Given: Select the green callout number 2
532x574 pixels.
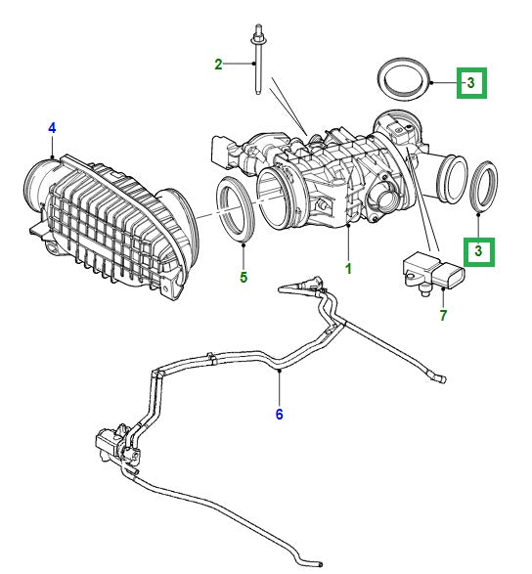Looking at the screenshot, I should (x=220, y=65).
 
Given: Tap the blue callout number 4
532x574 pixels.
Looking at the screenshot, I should (x=52, y=127).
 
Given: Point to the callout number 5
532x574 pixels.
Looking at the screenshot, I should (x=244, y=278).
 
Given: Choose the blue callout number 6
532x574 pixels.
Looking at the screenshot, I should (x=279, y=414).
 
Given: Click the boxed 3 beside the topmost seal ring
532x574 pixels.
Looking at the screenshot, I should (x=471, y=83).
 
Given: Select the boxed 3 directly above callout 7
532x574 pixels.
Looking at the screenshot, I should (x=478, y=251).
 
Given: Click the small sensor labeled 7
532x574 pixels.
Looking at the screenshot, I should (x=426, y=273).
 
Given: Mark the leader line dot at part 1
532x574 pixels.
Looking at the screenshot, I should (x=348, y=226).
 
